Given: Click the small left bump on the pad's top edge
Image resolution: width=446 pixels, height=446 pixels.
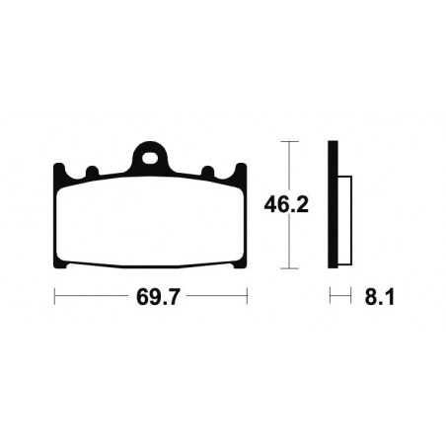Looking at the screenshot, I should (92, 173).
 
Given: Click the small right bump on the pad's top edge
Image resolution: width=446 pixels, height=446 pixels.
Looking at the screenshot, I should (207, 173).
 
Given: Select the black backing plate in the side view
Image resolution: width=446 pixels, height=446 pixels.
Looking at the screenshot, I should (334, 207).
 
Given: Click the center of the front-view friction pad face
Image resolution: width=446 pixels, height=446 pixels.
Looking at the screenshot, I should (149, 225).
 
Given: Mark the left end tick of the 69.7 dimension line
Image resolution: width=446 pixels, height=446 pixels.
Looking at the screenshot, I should (54, 295).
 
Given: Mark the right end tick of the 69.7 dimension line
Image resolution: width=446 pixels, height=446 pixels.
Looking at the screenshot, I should (246, 295).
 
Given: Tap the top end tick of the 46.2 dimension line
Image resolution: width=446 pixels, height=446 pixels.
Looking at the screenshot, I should (286, 143).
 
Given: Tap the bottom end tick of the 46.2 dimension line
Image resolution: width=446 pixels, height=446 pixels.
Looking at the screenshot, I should (286, 269).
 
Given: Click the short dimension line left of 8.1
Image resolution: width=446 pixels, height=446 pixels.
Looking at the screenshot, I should (340, 295).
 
